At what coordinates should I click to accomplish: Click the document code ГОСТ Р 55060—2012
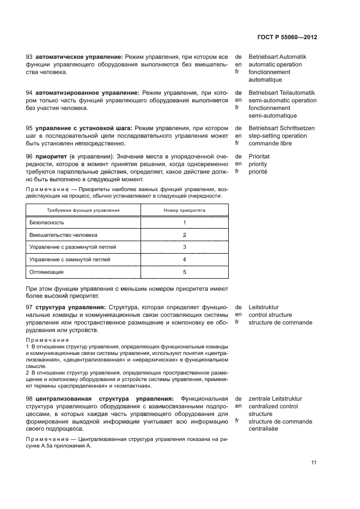point(286,38)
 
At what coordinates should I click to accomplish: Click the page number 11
point(314,463)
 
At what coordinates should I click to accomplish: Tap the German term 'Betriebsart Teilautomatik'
point(282,93)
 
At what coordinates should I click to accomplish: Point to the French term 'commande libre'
point(270,144)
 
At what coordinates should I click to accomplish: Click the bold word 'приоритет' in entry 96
point(51,156)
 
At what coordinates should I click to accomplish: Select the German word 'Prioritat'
point(259,156)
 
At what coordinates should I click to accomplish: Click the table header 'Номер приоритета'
point(185,210)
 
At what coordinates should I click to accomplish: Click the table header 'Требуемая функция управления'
point(83,210)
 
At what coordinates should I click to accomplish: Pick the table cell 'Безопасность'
point(47,223)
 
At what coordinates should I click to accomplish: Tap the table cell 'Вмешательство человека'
point(63,235)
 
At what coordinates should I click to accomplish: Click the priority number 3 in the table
point(185,247)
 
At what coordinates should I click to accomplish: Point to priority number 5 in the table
point(185,272)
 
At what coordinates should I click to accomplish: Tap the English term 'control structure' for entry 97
point(270,315)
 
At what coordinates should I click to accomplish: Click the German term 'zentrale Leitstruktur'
point(275,398)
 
